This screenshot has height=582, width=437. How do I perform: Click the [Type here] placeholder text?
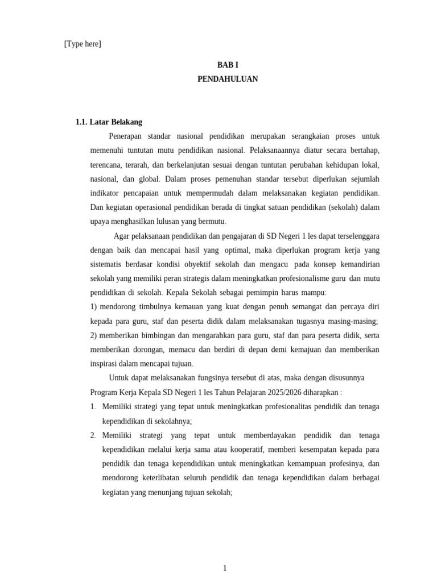83,44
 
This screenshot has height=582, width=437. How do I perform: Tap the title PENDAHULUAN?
227,79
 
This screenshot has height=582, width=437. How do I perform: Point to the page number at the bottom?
225,568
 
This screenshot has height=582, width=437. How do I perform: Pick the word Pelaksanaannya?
275,151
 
